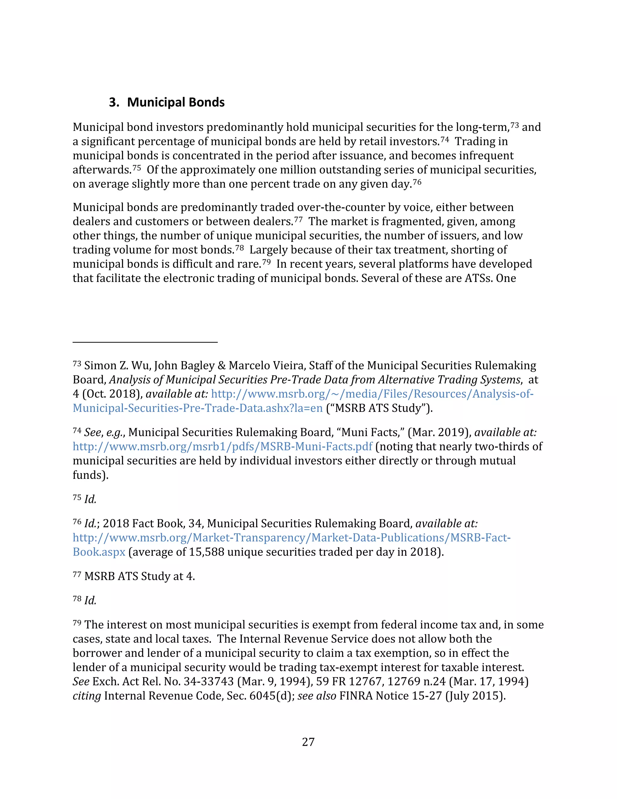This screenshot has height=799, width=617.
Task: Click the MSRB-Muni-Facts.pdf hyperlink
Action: tap(222, 447)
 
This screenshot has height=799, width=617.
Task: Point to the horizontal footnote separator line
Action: tap(145, 342)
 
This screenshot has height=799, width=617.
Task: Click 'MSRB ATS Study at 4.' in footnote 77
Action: tap(139, 576)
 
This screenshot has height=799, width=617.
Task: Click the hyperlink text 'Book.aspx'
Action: tap(99, 552)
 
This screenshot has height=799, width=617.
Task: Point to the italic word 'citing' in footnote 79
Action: tap(87, 696)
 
